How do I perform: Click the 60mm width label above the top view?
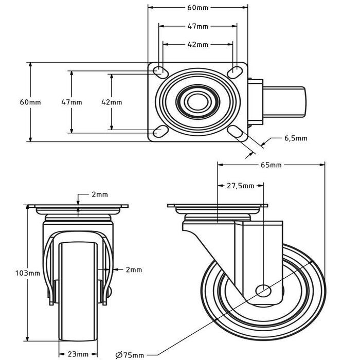pyautogui.click(x=198, y=7)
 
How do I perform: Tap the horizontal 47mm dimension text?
pyautogui.click(x=198, y=26)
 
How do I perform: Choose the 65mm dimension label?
pyautogui.click(x=272, y=165)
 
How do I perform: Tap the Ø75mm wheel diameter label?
pyautogui.click(x=130, y=354)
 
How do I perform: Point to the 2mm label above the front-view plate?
pyautogui.click(x=100, y=194)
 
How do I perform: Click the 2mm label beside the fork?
pyautogui.click(x=134, y=269)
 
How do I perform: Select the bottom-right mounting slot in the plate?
pyautogui.click(x=237, y=132)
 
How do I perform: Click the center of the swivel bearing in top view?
pyautogui.click(x=195, y=101)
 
